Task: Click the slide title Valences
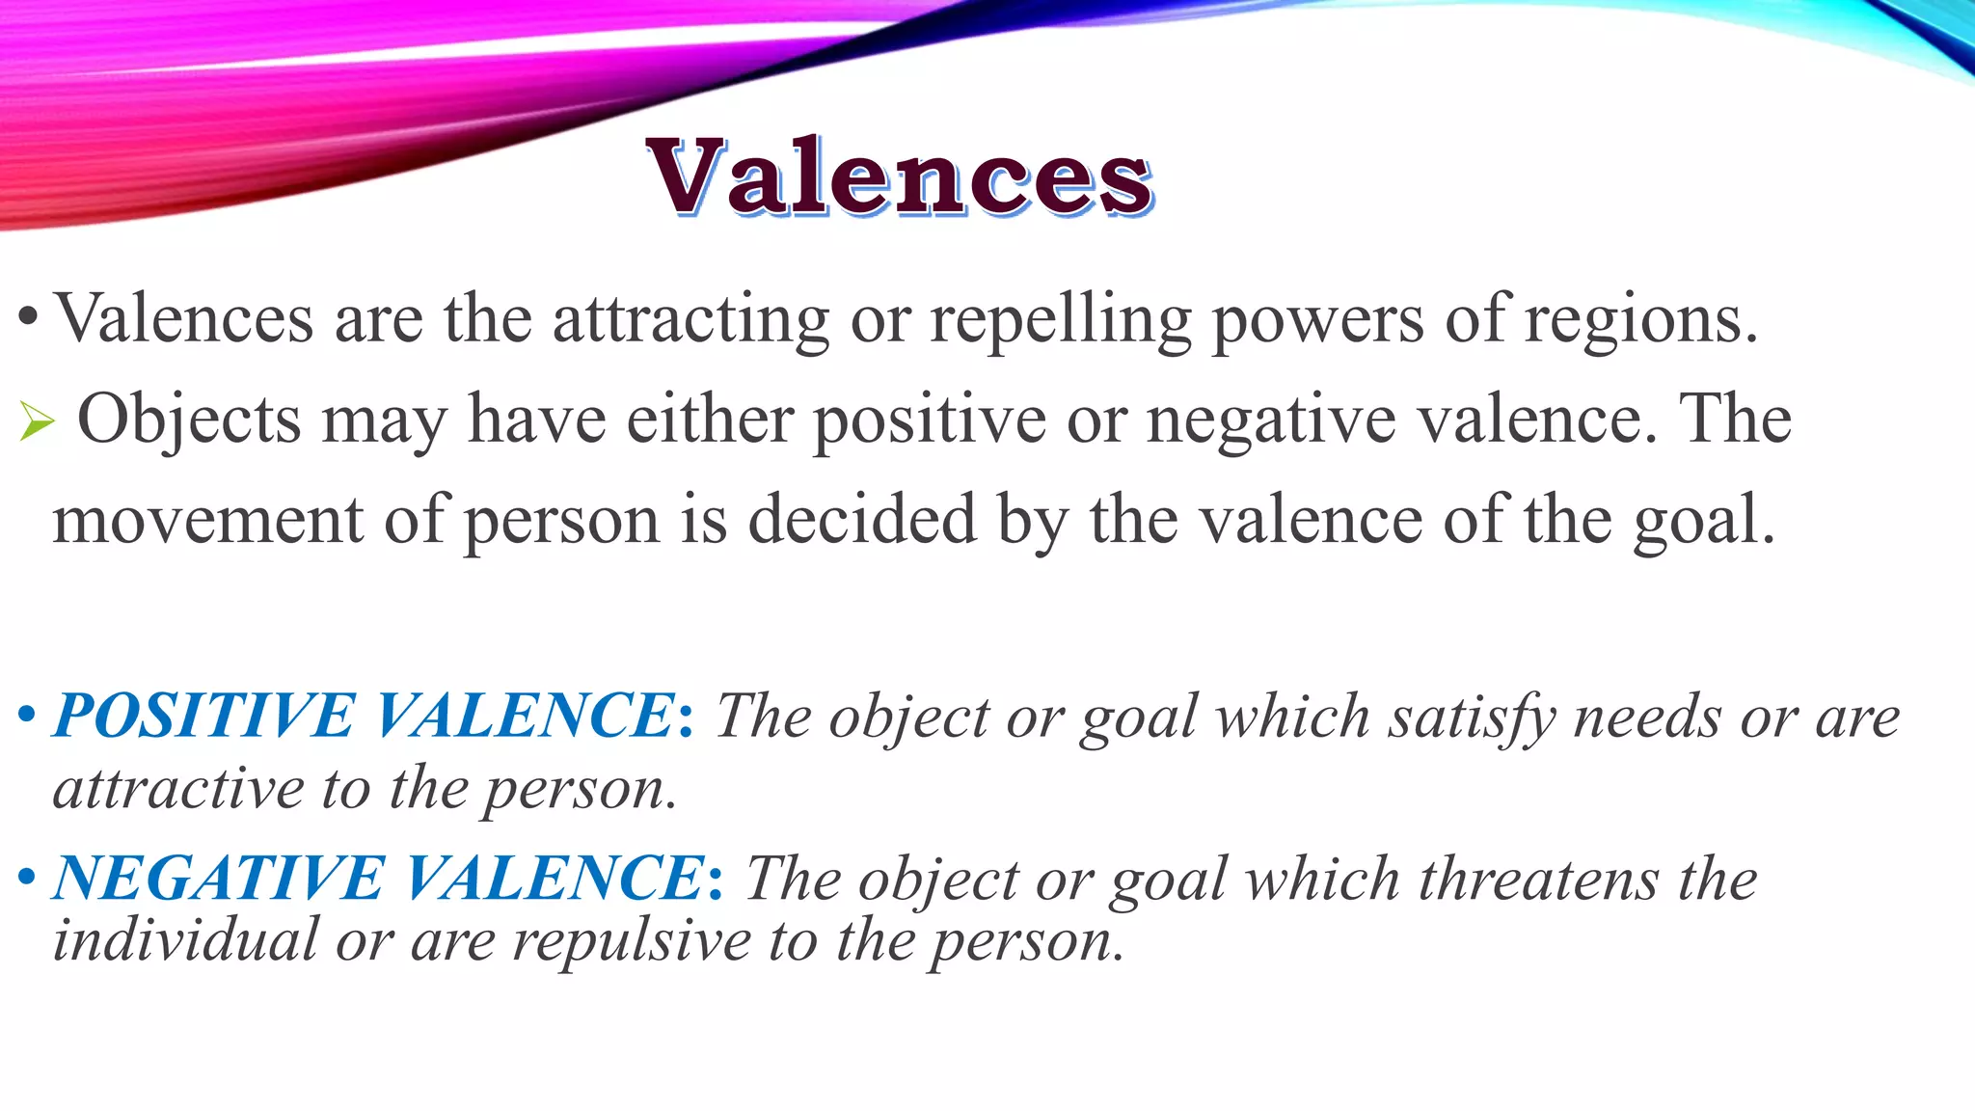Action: pyautogui.click(x=899, y=177)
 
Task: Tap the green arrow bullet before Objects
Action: pyautogui.click(x=37, y=421)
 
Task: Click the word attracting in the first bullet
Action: pyautogui.click(x=690, y=319)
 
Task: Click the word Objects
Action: pyautogui.click(x=189, y=420)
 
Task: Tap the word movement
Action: pyautogui.click(x=207, y=521)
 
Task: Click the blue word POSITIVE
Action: pyautogui.click(x=204, y=716)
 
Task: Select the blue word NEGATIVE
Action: pyautogui.click(x=219, y=879)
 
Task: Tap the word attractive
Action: pyautogui.click(x=179, y=789)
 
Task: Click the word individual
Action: pyautogui.click(x=185, y=940)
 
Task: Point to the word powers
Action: pyautogui.click(x=1316, y=319)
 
